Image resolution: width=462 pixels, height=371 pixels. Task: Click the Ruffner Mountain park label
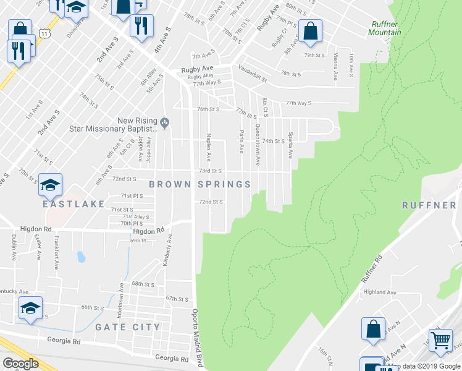385,28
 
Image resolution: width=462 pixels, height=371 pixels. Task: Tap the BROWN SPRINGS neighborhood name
200,184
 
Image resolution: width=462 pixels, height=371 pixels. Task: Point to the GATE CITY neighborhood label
127,326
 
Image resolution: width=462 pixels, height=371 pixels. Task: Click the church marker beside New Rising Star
164,121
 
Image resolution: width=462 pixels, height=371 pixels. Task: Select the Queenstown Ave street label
258,145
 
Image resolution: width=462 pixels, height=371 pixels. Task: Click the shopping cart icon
440,341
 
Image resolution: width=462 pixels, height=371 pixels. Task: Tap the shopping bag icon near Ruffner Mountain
309,31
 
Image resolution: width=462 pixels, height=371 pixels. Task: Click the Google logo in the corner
20,364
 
